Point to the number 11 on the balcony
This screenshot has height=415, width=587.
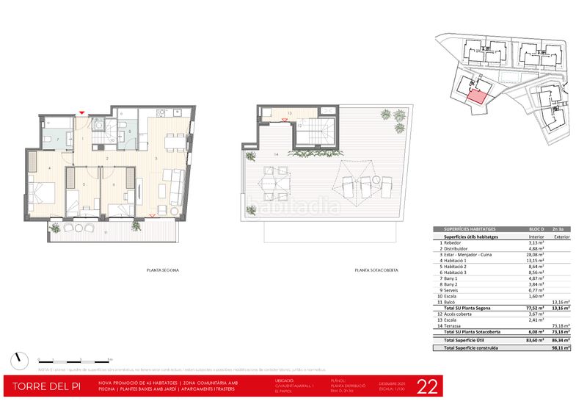coord(106,232)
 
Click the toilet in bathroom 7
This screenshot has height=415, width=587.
coord(48,140)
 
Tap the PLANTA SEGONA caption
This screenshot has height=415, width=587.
coord(163,270)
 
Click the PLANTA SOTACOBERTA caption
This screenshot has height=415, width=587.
coord(376,270)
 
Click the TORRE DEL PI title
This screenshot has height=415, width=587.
coord(45,386)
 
